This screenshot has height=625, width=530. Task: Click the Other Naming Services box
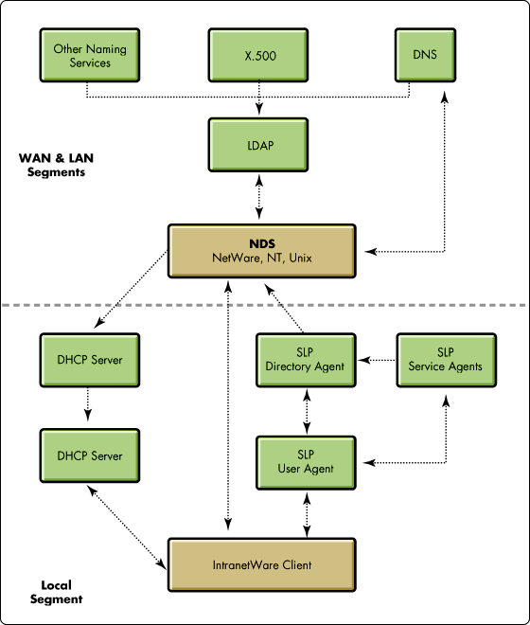(x=90, y=55)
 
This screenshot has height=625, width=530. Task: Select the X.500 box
(x=258, y=55)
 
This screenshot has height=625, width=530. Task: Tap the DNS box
(x=425, y=55)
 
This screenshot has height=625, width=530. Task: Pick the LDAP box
(x=258, y=145)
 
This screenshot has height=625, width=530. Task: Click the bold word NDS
(x=262, y=243)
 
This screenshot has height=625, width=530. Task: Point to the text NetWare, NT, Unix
(x=262, y=258)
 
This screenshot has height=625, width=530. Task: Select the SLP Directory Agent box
(x=306, y=360)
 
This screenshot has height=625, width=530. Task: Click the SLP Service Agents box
(x=447, y=360)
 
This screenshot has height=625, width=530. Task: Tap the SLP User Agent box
(x=306, y=462)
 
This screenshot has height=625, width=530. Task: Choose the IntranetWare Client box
(x=262, y=564)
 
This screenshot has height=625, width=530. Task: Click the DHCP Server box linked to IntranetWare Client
(x=90, y=455)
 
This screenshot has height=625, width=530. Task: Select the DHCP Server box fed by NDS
(x=90, y=360)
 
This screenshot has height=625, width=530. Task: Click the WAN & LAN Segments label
(x=56, y=165)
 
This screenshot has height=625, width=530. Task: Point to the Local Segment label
(x=56, y=592)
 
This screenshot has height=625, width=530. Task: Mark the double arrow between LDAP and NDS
(x=259, y=197)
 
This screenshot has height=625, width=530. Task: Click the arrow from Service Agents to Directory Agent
(x=377, y=360)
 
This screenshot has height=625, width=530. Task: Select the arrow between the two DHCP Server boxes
(x=88, y=403)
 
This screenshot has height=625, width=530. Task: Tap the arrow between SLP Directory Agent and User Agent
(x=307, y=411)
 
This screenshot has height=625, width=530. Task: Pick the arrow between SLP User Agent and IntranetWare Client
(x=307, y=514)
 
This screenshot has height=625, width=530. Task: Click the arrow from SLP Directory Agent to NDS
(x=284, y=308)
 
